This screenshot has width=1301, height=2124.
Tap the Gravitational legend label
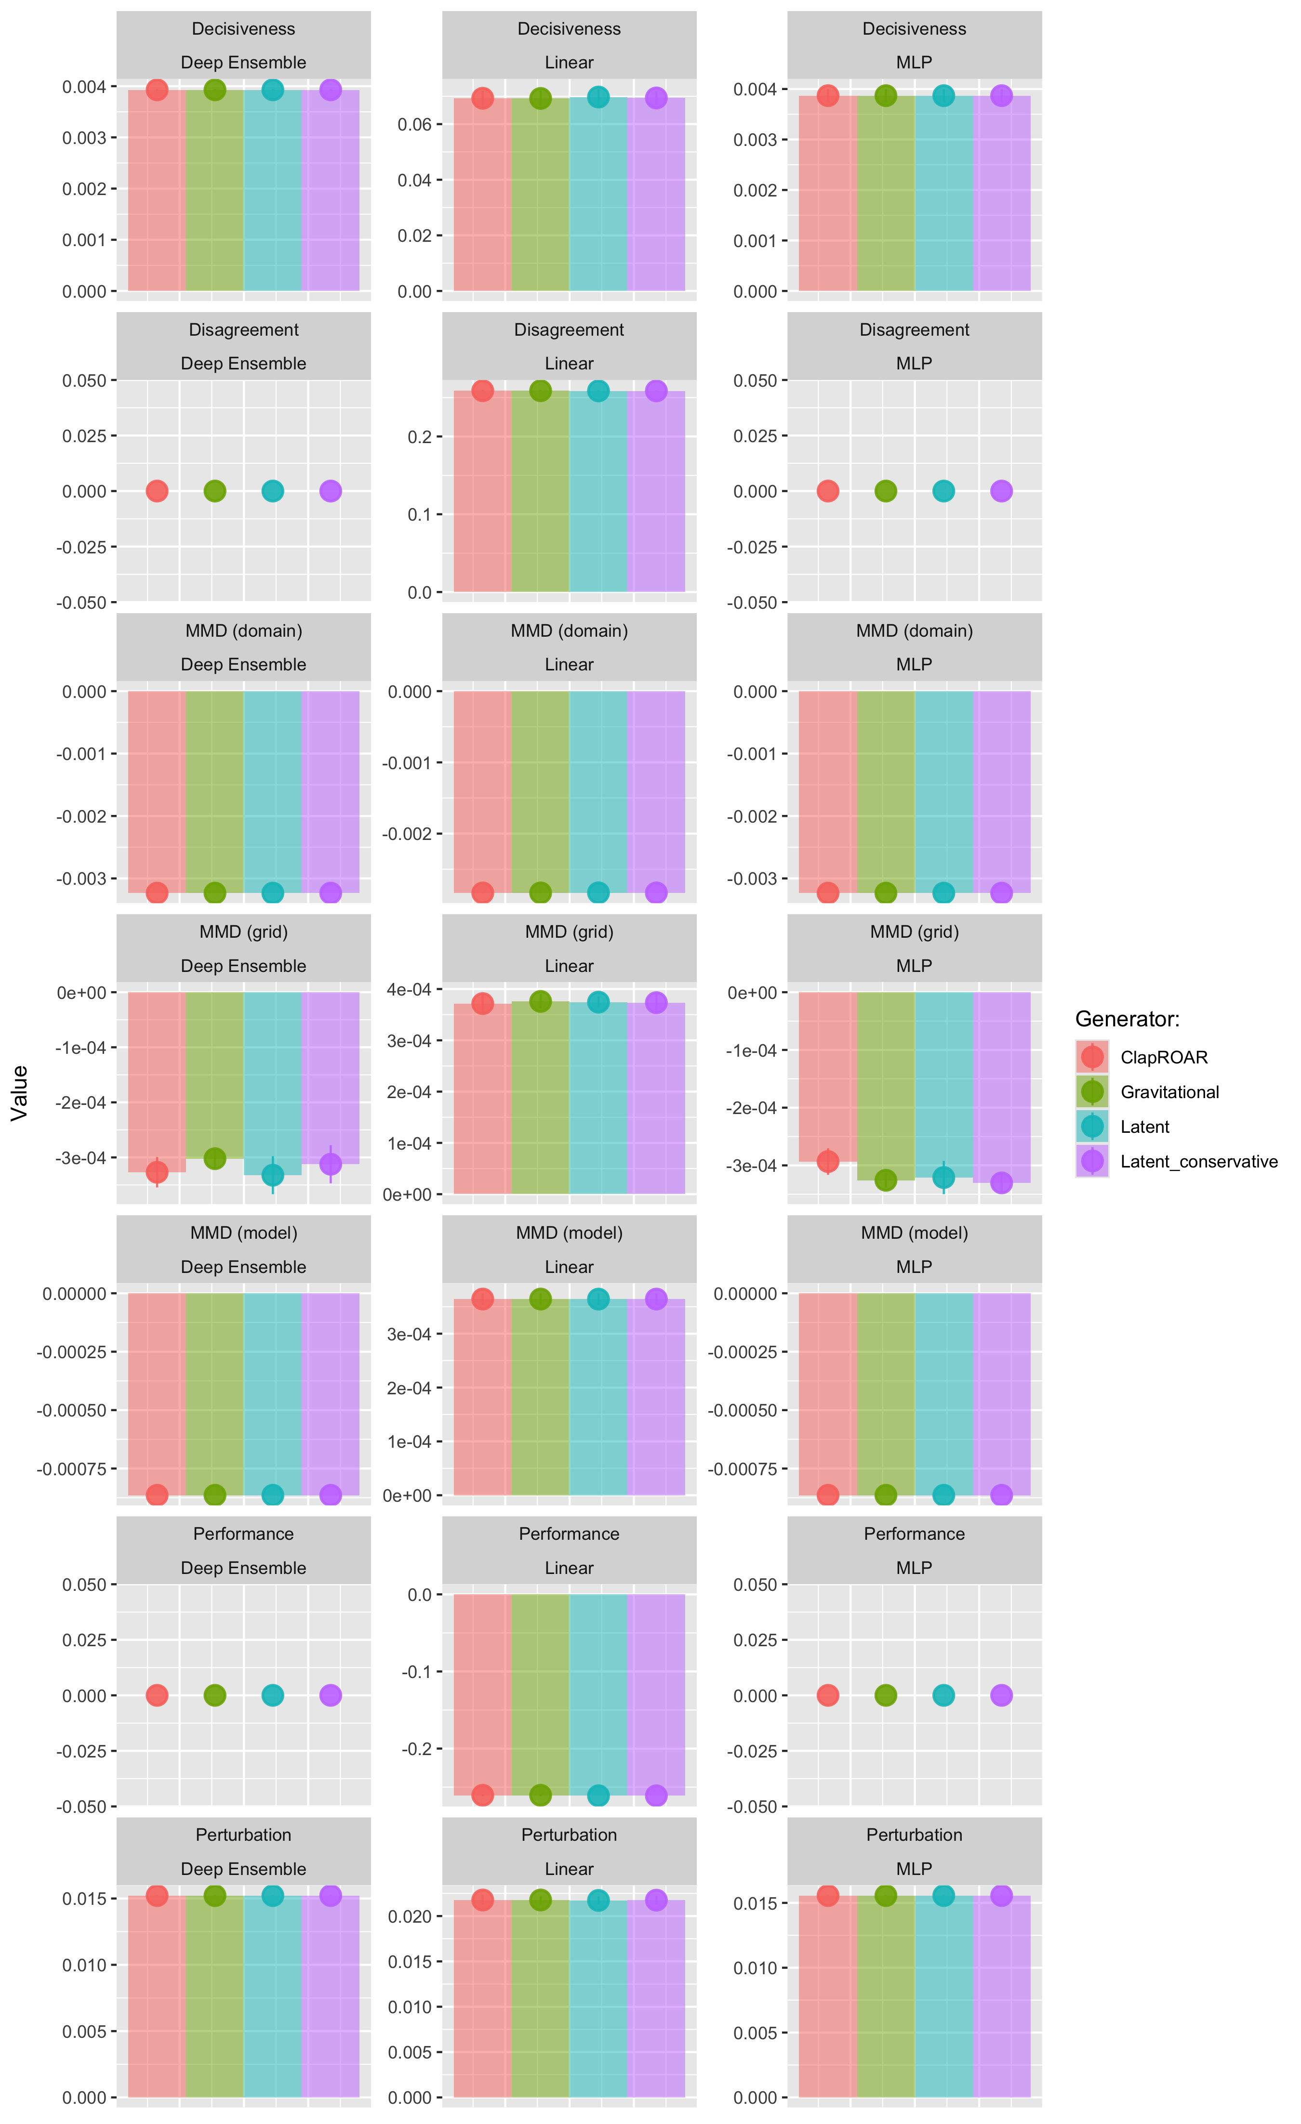click(1169, 1092)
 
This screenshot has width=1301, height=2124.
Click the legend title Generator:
click(1127, 1019)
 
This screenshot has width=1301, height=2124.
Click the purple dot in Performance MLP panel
click(1001, 1695)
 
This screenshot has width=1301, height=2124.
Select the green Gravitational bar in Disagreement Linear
click(541, 491)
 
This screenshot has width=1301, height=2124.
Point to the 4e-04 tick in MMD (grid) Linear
click(409, 990)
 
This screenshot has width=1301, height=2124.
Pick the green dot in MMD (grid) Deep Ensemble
click(215, 1158)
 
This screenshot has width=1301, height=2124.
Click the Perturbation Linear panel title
click(569, 1851)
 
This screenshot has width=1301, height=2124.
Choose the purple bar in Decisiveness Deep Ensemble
click(330, 190)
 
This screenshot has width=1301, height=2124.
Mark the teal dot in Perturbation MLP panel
click(943, 1896)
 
